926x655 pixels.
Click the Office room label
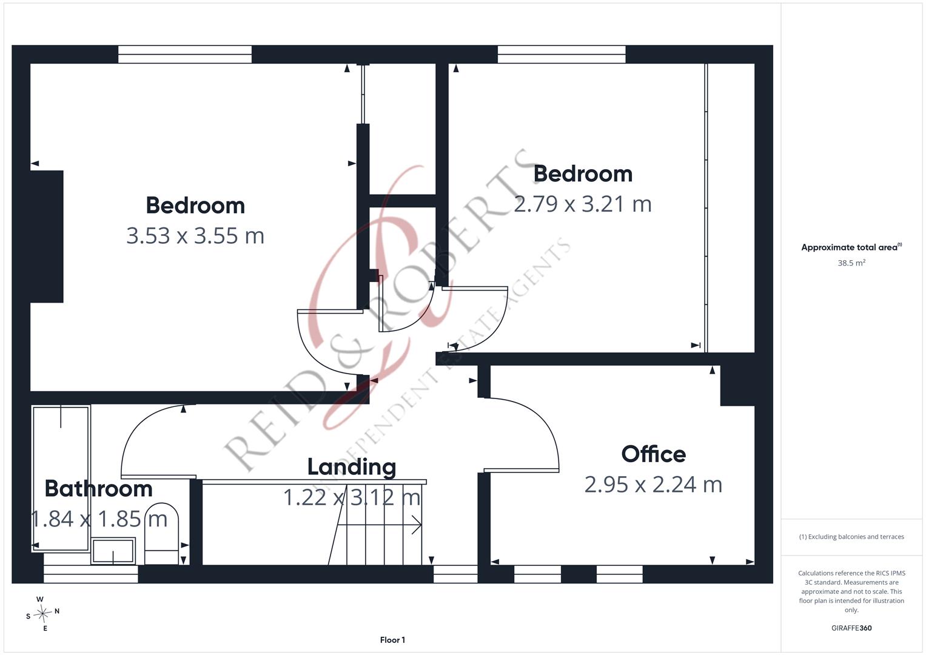654,454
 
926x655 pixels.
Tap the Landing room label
352,467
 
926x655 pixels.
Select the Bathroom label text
98,489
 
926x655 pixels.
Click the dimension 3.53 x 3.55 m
195,236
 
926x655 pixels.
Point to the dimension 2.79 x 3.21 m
583,204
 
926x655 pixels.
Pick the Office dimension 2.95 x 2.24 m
654,485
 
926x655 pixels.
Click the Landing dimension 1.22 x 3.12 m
352,497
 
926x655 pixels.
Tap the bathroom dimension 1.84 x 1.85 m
99,519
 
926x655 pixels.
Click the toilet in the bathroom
162,534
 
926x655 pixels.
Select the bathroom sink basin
113,551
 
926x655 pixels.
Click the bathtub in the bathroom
61,479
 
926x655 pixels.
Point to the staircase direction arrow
380,525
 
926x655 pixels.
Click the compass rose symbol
42,614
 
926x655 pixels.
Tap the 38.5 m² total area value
851,263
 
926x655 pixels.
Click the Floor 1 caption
392,640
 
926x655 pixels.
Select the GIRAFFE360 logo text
851,628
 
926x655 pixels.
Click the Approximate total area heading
851,247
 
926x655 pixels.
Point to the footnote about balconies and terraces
851,537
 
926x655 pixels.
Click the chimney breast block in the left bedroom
46,237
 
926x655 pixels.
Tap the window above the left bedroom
185,54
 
